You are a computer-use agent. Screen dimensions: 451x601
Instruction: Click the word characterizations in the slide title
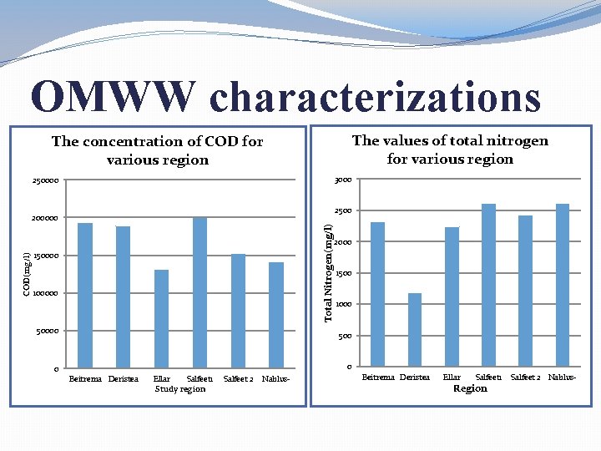[x=375, y=97]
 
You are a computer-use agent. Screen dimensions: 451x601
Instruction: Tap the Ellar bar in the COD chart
[x=162, y=318]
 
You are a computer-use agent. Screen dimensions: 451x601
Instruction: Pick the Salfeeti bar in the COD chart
[x=199, y=292]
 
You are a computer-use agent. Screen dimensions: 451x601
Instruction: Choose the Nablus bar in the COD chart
[x=276, y=315]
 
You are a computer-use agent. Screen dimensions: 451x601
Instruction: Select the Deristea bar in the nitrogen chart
[x=415, y=330]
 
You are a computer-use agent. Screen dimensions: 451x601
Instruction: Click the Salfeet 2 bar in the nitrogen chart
[x=525, y=291]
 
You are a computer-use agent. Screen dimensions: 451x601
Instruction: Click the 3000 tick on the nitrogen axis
[x=342, y=180]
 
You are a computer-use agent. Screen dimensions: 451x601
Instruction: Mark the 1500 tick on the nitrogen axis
[x=342, y=274]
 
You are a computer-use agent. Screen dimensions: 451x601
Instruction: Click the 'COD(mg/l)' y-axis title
[x=27, y=274]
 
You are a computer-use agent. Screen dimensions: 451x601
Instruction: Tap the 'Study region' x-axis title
[x=180, y=389]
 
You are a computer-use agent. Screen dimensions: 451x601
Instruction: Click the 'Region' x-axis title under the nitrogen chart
[x=470, y=388]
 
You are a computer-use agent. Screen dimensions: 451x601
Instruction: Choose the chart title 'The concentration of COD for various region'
[x=157, y=150]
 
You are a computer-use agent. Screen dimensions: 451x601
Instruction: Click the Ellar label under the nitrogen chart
[x=452, y=378]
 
